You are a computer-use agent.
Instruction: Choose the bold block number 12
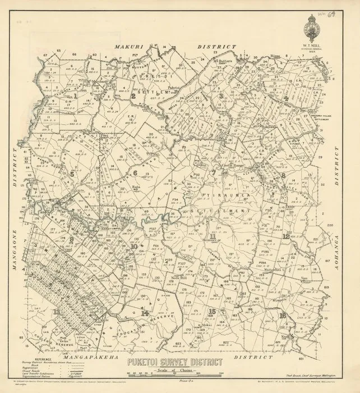(x=287, y=236)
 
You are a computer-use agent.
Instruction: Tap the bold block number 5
(x=73, y=175)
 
